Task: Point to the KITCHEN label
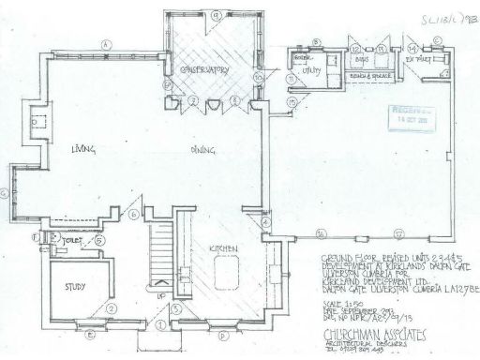click(x=222, y=247)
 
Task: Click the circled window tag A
click(x=108, y=44)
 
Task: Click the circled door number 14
click(x=414, y=44)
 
